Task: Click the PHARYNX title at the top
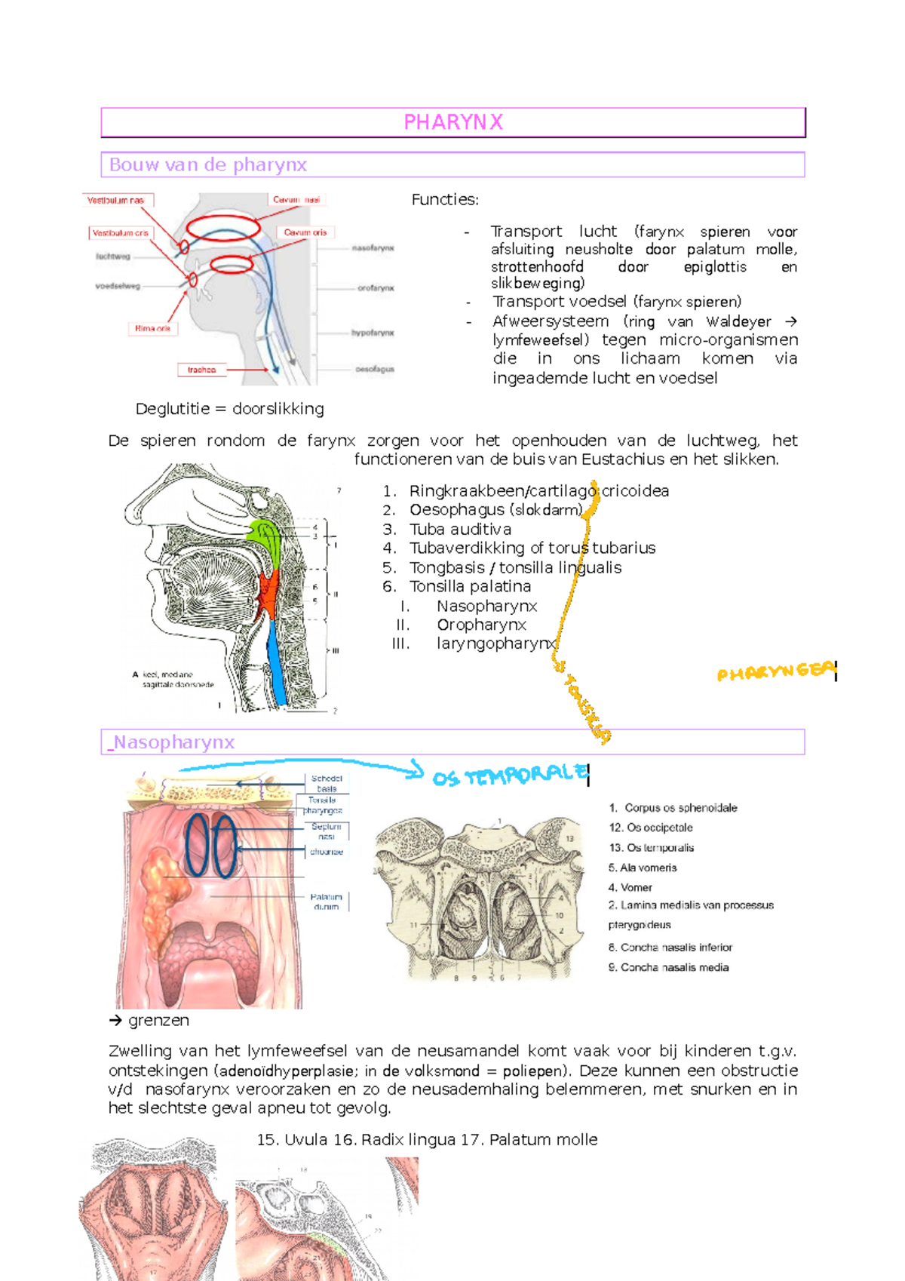453,122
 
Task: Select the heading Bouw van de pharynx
208,164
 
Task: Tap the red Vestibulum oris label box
121,233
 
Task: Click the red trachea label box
201,370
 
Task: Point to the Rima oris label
152,328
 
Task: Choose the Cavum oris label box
305,232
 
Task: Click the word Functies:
445,200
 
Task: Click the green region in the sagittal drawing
265,537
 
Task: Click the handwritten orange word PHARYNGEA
775,671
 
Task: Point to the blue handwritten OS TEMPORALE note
509,776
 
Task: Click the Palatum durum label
326,902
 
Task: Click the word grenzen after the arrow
158,1020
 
